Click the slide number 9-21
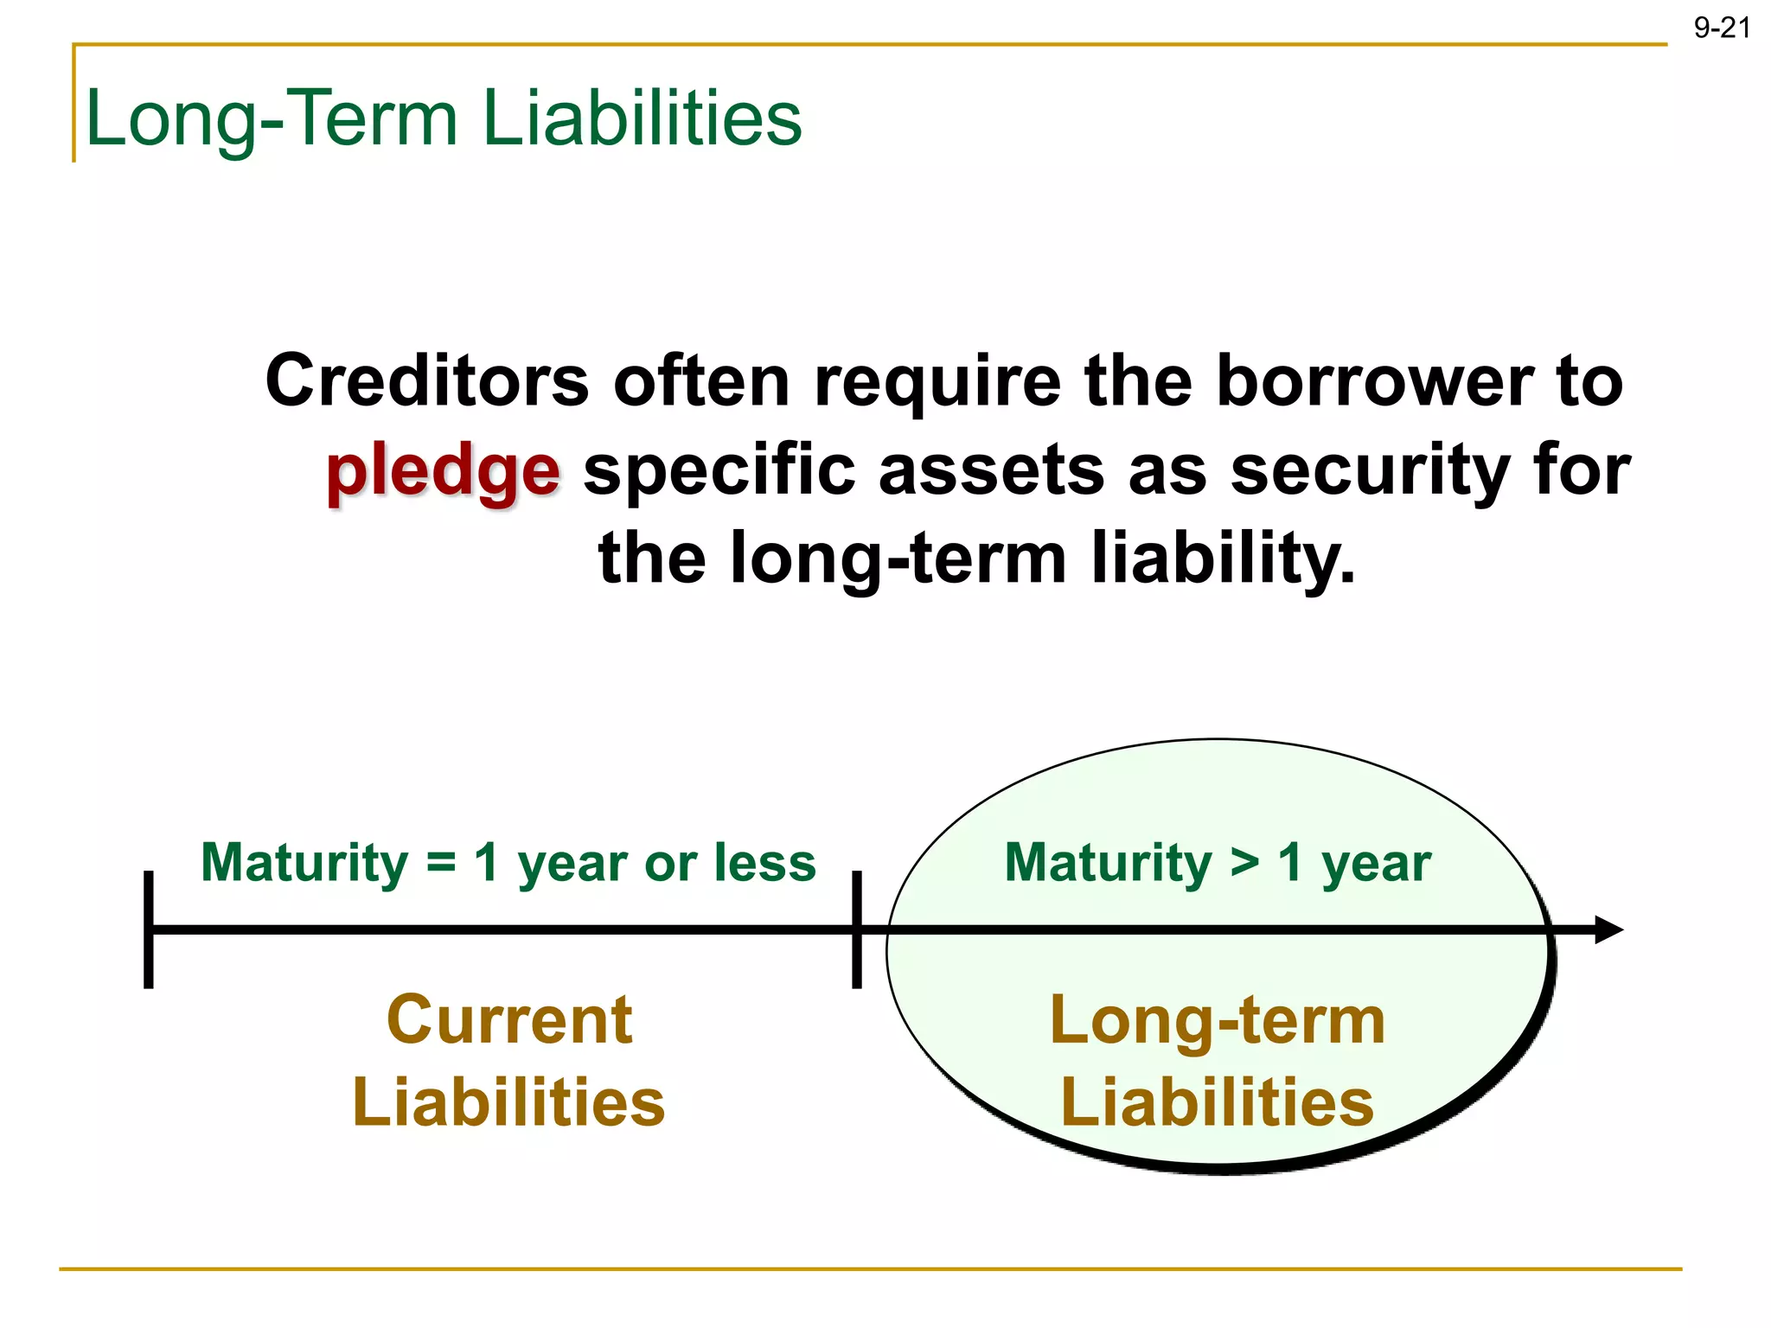point(1721,29)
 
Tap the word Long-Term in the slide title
point(272,119)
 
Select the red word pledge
point(443,472)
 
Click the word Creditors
point(427,381)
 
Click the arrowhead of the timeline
point(1608,929)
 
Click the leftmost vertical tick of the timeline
point(149,929)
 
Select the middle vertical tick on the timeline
point(856,929)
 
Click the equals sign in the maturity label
point(440,863)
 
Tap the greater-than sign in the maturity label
point(1244,863)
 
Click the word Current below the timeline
point(509,1020)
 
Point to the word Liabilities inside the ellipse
point(1217,1102)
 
